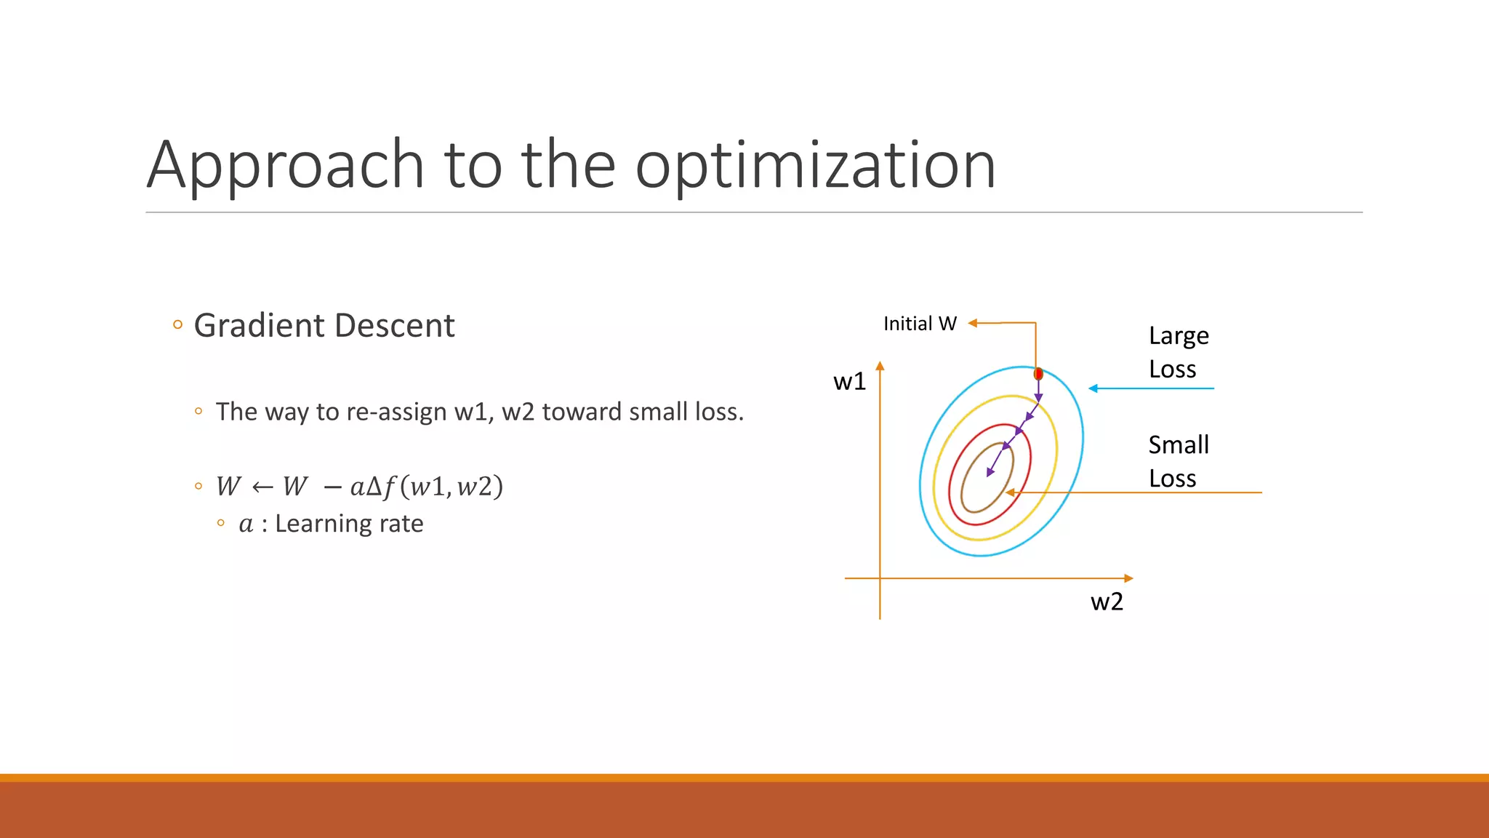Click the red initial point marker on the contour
click(1038, 374)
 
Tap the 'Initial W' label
click(920, 324)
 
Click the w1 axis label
click(849, 381)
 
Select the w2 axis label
click(1107, 602)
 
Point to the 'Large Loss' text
click(1178, 352)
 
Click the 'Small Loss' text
click(1178, 461)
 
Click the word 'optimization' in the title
click(815, 166)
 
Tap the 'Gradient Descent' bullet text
click(324, 325)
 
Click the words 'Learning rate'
click(349, 524)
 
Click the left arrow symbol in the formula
click(262, 487)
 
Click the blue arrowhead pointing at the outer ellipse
click(1093, 388)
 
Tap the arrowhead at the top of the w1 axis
click(880, 366)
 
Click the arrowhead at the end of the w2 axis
click(1128, 578)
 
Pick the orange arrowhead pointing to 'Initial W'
click(973, 323)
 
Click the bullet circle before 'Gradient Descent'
click(178, 325)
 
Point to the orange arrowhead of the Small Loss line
click(1010, 492)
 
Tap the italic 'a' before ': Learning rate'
click(246, 524)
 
